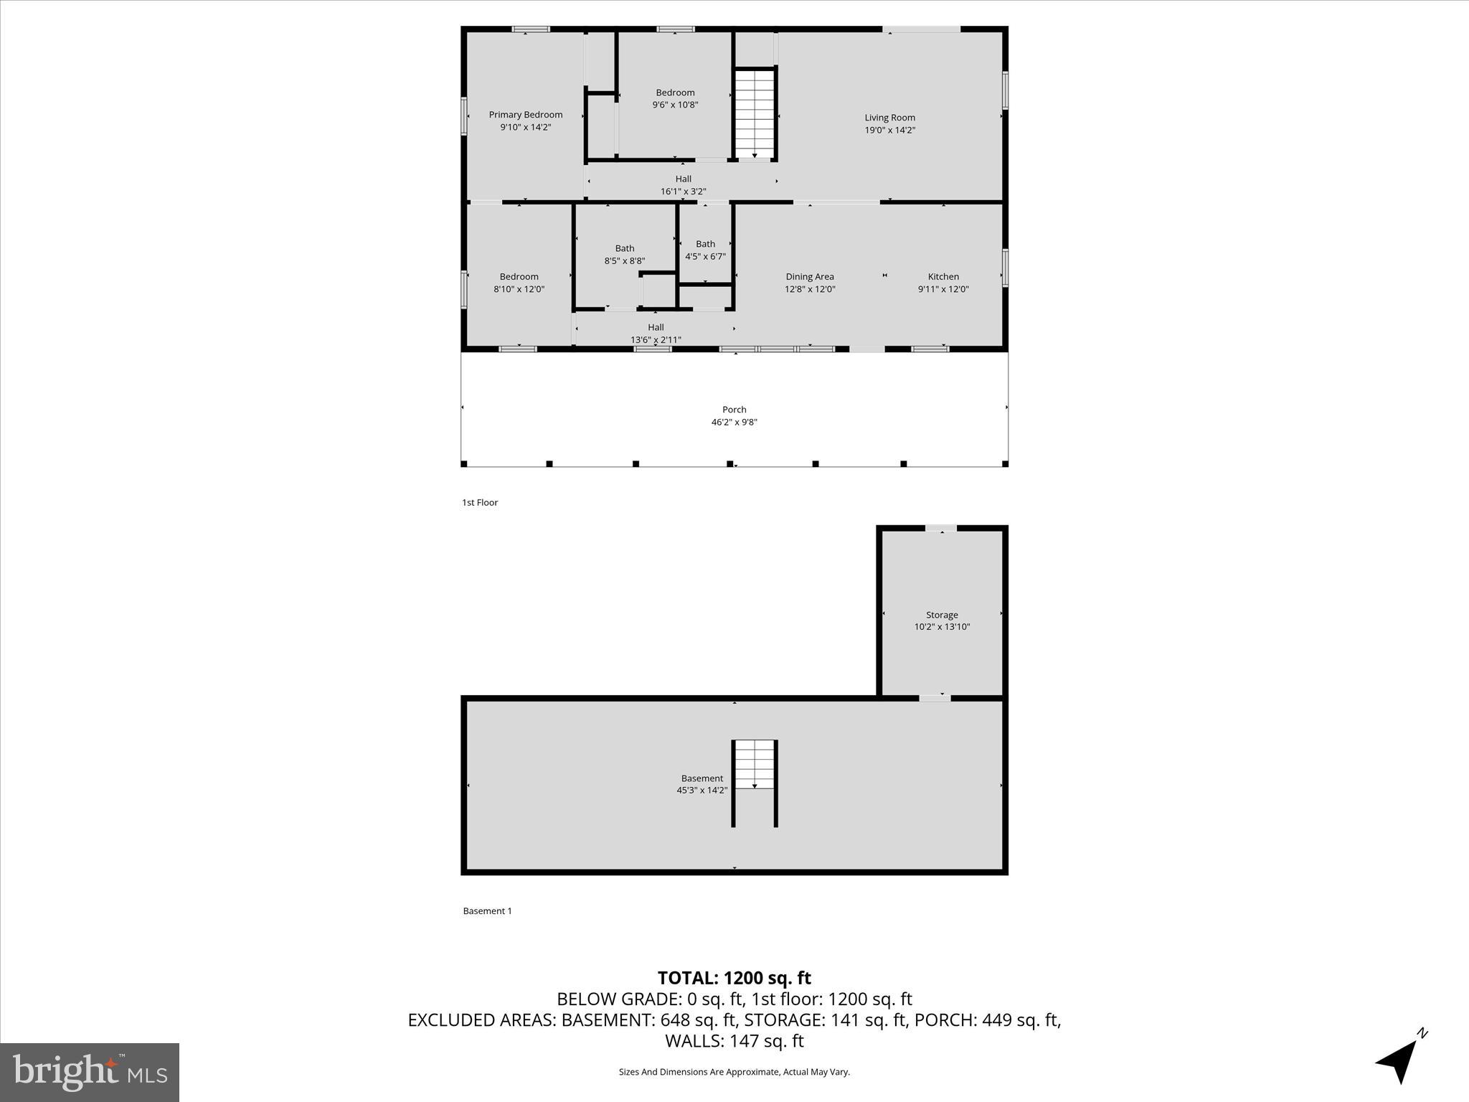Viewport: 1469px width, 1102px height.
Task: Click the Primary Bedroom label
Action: pos(525,115)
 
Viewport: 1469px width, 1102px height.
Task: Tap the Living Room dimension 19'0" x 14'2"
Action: pos(889,131)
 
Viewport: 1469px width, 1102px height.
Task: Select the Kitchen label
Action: pos(943,277)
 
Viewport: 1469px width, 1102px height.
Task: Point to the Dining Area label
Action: pos(809,277)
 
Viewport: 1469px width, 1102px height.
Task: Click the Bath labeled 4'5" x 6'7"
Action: pos(705,250)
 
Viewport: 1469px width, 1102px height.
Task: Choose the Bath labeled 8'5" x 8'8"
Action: pos(624,255)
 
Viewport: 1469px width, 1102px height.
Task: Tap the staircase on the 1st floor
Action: pos(755,113)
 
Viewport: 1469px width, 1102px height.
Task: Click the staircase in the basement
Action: pos(755,765)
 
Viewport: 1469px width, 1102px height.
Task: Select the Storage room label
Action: pos(941,615)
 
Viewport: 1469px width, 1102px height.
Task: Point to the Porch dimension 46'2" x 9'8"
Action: pos(734,423)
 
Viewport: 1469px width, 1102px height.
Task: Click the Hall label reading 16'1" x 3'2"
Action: pos(683,185)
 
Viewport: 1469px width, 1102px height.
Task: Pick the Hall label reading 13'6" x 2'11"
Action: pos(656,334)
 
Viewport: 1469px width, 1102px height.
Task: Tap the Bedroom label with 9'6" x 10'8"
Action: pos(674,98)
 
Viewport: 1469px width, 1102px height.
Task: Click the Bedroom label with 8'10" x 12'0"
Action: pos(519,283)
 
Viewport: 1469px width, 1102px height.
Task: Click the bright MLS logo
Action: pos(90,1072)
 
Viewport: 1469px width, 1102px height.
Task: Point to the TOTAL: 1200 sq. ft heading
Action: pos(734,978)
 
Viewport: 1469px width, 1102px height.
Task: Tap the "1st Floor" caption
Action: pos(479,503)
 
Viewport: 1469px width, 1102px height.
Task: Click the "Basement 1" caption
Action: pos(487,911)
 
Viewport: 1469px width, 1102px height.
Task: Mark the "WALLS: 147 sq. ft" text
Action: pos(734,1041)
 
